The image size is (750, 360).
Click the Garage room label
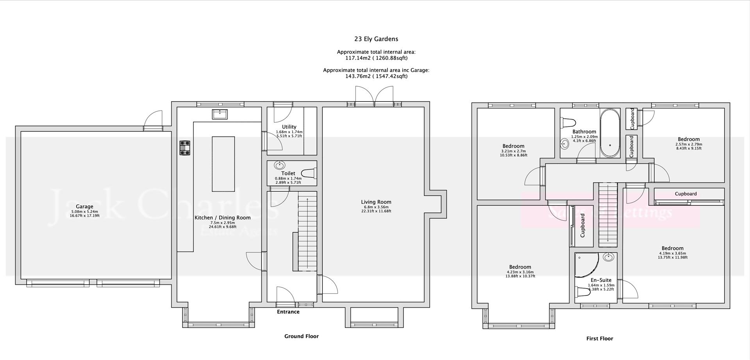[x=84, y=207]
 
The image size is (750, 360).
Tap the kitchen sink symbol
[x=220, y=114]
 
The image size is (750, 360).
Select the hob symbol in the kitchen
[x=185, y=148]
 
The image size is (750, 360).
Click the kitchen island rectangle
[x=223, y=164]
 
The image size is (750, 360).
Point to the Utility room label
[x=289, y=127]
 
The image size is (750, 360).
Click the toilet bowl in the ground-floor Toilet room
[x=310, y=173]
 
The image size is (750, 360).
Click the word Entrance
[x=288, y=312]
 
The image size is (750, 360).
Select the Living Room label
[x=376, y=202]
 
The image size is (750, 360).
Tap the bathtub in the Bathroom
[x=610, y=133]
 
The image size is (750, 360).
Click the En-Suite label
[x=601, y=280]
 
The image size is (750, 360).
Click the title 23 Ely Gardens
[x=376, y=39]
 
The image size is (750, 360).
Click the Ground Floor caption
[x=301, y=336]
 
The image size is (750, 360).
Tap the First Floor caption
[x=600, y=339]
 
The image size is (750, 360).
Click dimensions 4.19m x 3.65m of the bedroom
[x=672, y=253]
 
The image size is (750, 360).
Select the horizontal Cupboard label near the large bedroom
[x=686, y=194]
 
